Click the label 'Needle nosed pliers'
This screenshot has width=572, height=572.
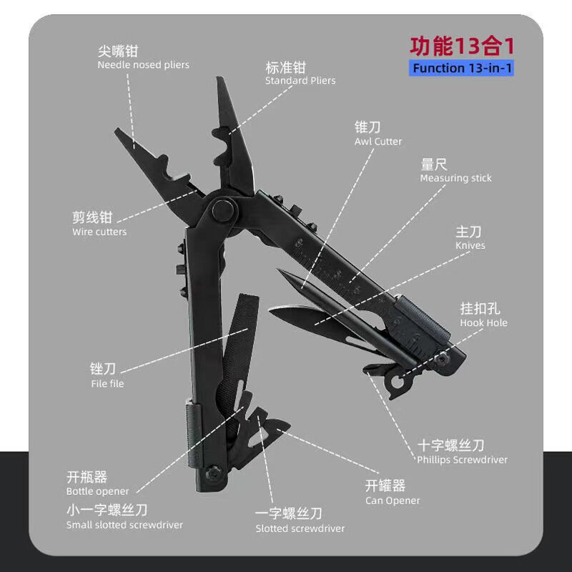tap(143, 65)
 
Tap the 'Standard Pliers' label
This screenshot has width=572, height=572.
tap(300, 81)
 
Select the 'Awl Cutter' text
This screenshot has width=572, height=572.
tap(378, 142)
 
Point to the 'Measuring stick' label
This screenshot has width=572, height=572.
tap(455, 178)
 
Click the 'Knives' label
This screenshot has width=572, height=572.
tap(470, 245)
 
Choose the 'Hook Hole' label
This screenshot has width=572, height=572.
tap(483, 322)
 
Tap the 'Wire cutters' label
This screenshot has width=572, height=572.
tap(99, 232)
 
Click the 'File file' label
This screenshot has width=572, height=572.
tap(107, 383)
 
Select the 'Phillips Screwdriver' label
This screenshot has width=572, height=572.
tap(462, 460)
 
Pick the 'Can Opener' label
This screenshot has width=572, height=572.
tap(393, 500)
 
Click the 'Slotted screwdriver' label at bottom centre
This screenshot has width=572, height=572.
tap(300, 528)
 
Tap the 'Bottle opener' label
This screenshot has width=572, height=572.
tap(98, 491)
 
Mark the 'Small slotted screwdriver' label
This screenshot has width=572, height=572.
tap(124, 525)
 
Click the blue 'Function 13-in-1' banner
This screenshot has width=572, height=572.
tap(462, 69)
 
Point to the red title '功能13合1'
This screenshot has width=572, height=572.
tap(462, 46)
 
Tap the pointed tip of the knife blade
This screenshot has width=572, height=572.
tap(272, 312)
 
